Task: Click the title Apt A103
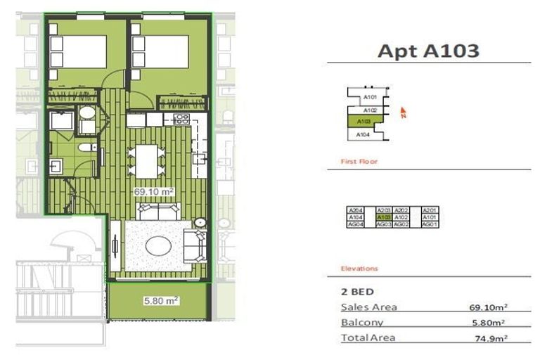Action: tap(428, 51)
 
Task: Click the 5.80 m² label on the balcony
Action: tap(162, 301)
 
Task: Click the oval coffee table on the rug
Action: tap(157, 245)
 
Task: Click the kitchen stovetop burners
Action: tap(181, 119)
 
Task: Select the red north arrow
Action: tap(404, 112)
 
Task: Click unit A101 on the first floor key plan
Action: tap(371, 98)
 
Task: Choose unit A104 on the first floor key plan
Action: tap(363, 134)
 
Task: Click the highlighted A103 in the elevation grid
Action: tap(384, 217)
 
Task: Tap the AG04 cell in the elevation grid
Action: tap(356, 224)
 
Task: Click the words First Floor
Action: tap(359, 162)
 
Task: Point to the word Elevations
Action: tap(359, 269)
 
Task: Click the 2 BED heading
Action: tap(356, 291)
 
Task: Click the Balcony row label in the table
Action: tap(361, 323)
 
